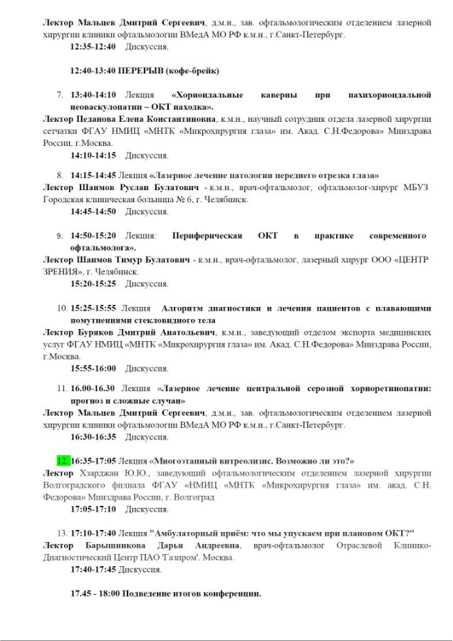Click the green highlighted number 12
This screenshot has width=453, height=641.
coord(63,460)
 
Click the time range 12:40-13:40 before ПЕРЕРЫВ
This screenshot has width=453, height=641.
coord(92,71)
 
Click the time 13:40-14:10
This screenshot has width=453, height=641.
coord(95,95)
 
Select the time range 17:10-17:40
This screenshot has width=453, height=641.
coord(95,533)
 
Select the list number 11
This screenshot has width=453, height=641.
coord(61,389)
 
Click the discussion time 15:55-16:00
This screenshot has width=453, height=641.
coord(93,368)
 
